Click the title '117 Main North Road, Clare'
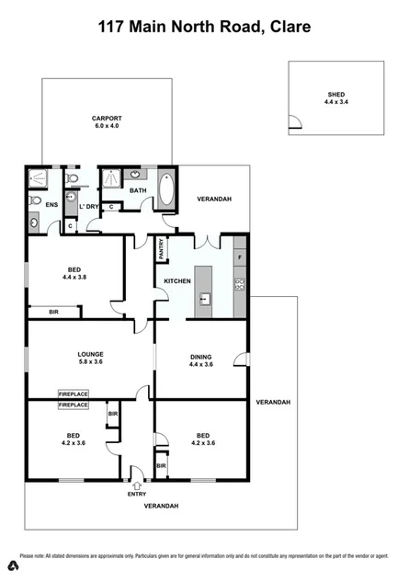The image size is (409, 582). pos(204,27)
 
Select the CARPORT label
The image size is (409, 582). pos(107,119)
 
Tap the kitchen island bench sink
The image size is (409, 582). pos(205,298)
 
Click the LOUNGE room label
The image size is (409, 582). pos(90,354)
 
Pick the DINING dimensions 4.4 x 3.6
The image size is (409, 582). pos(201,364)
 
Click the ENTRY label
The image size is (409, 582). pos(136,494)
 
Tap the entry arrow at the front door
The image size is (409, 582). pos(136,483)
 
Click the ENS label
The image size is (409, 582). pos(51,205)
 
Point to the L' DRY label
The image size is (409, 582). pos(88,206)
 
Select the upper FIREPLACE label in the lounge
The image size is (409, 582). pos(74,393)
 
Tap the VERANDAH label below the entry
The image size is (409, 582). pos(161,507)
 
